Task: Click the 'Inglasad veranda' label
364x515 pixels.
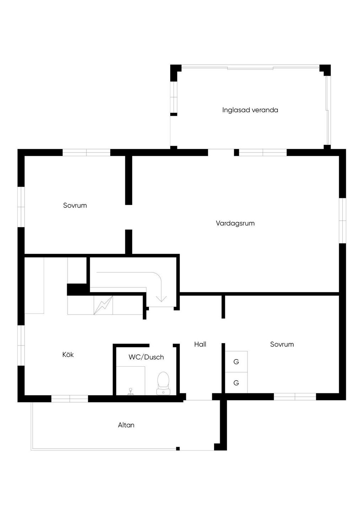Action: click(250, 110)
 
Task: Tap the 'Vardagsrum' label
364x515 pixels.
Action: click(235, 223)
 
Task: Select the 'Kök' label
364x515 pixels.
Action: click(68, 355)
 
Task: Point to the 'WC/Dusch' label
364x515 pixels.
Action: click(146, 357)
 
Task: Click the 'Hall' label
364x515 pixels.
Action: click(200, 344)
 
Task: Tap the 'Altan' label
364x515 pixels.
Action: click(126, 425)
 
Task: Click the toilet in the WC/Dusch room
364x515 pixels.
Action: click(163, 383)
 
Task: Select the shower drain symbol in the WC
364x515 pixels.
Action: click(131, 391)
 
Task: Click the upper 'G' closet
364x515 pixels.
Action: click(236, 362)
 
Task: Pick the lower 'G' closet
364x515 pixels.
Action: click(236, 383)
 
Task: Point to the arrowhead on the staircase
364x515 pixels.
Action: click(161, 298)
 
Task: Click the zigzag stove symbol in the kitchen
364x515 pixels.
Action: click(103, 305)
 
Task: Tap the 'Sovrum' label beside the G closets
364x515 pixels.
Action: click(282, 344)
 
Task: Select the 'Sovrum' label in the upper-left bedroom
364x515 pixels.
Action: click(75, 205)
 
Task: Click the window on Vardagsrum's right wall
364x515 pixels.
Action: click(342, 221)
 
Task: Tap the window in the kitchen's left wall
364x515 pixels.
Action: click(21, 345)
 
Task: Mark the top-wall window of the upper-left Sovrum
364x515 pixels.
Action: click(86, 153)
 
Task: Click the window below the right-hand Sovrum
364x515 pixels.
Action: click(295, 397)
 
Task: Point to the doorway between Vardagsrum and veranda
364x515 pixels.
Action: click(221, 152)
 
